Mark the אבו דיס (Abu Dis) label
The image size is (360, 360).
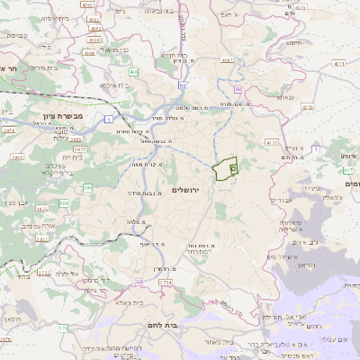(282, 200)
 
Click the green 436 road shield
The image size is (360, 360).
(134, 71)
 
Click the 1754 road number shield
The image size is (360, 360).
(165, 283)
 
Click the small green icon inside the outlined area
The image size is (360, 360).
(233, 168)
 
